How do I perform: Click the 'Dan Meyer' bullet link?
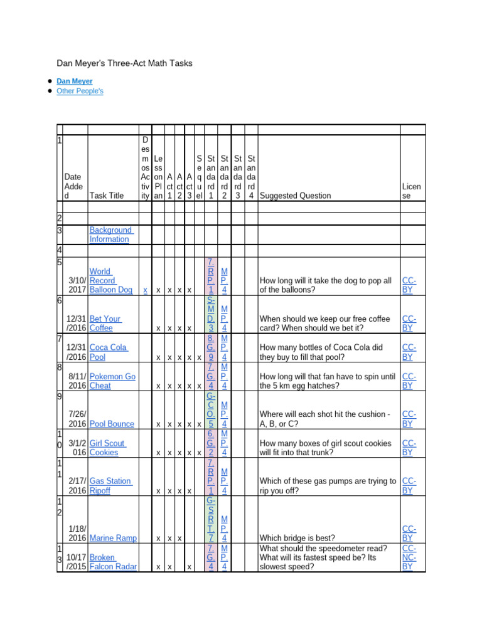(x=74, y=82)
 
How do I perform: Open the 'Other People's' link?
(x=80, y=91)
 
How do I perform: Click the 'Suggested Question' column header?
(x=295, y=196)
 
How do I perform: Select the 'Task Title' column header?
(x=107, y=196)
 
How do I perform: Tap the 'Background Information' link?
(x=110, y=234)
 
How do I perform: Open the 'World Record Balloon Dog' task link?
(x=110, y=281)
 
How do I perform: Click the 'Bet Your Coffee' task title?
(x=105, y=323)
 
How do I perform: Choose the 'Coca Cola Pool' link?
(x=108, y=352)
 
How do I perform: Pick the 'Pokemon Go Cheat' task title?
(x=112, y=381)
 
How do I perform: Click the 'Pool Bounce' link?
(x=112, y=424)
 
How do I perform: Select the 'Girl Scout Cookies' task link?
(x=107, y=448)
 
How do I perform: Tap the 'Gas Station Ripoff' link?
(x=110, y=486)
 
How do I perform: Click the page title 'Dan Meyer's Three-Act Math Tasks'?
(x=124, y=63)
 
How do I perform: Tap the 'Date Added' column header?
(x=73, y=186)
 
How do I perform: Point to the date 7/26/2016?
(x=77, y=419)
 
